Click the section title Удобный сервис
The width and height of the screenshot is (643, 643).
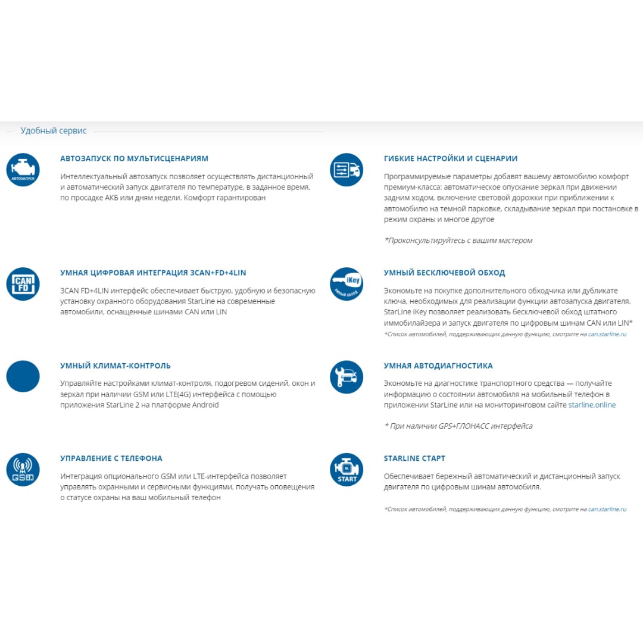pos(54,131)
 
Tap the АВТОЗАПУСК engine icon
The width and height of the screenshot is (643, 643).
pos(23,170)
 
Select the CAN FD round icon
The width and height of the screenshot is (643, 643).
pos(23,284)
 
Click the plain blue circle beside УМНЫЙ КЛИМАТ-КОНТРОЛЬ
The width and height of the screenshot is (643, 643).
pos(23,376)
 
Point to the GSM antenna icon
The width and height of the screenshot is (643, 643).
pos(23,470)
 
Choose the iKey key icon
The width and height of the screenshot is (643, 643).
pos(347,284)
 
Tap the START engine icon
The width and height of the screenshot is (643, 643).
pos(347,470)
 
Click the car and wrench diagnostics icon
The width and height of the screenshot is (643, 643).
pos(347,377)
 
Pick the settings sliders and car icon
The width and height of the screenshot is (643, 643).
pos(347,170)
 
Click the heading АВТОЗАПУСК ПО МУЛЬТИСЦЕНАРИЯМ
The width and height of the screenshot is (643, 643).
pos(135,158)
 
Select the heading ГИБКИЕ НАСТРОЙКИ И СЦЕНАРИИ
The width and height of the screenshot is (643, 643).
pos(451,158)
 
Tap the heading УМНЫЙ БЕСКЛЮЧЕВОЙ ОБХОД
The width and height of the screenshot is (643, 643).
pos(444,273)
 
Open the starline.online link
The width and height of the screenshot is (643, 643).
pos(592,405)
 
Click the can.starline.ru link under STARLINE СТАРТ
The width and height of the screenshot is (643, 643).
pos(607,509)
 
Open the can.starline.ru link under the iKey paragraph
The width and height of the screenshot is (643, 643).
pos(607,335)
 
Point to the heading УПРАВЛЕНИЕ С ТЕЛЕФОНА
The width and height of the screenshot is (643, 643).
pos(111,458)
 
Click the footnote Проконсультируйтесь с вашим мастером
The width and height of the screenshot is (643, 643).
pos(458,241)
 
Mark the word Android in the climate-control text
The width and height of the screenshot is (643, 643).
pos(205,405)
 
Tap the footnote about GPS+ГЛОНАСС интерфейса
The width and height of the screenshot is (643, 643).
pos(458,426)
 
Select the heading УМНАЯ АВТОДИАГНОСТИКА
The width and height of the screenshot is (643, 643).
pos(438,366)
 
